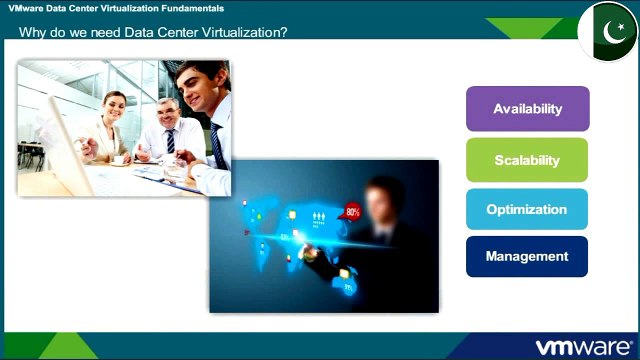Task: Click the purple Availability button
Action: point(527,109)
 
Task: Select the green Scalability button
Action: point(527,160)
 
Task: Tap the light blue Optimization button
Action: point(527,210)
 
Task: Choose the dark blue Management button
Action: point(527,257)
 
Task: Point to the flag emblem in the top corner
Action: point(609,31)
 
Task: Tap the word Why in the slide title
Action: point(33,32)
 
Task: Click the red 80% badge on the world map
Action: point(352,212)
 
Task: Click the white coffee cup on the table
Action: point(117,158)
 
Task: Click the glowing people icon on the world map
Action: point(321,216)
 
